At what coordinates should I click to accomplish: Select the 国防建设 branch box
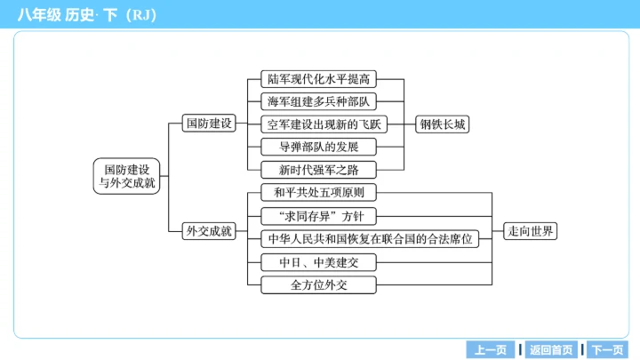point(207,124)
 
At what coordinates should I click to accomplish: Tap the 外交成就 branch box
point(207,231)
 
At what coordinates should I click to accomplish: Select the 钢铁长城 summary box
point(443,124)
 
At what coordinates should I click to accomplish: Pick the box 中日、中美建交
point(319,262)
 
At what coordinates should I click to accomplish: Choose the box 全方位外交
point(319,285)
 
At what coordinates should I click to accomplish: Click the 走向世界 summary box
point(531,231)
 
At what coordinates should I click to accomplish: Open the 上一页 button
point(491,349)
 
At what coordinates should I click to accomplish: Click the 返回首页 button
point(551,349)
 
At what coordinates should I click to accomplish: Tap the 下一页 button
point(608,349)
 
